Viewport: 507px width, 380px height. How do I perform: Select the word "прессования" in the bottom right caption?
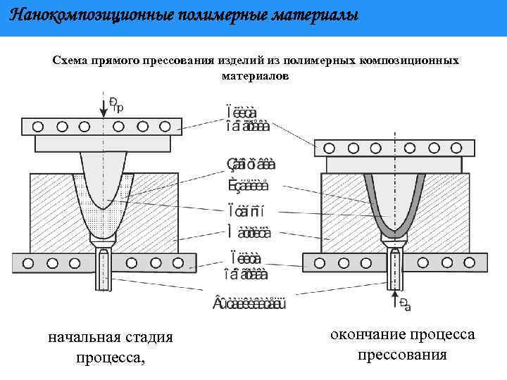(402, 354)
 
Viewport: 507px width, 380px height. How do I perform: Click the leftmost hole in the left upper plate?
(37, 126)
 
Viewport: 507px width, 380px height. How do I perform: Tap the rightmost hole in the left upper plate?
(165, 126)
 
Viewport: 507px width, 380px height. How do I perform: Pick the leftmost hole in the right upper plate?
(326, 148)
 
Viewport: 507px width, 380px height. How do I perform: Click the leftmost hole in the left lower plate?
(27, 262)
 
